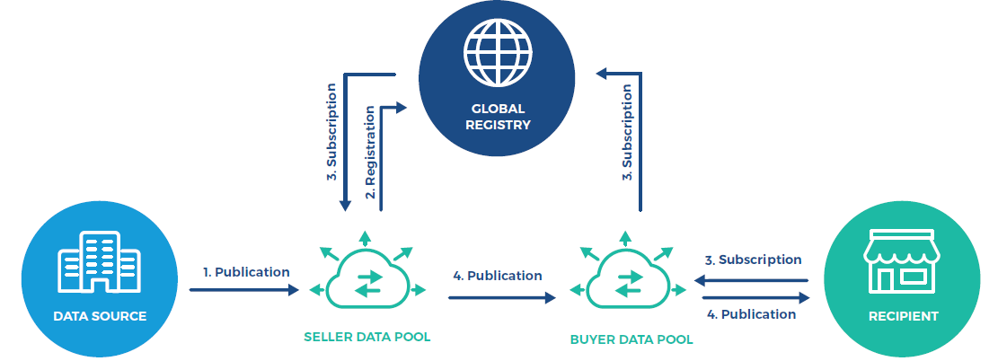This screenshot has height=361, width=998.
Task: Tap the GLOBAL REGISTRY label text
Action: (497, 117)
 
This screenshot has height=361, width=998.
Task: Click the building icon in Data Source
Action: (99, 261)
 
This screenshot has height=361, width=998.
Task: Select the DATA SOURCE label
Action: (100, 316)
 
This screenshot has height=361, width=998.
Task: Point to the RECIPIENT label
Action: (903, 316)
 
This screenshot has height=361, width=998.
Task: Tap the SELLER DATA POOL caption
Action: (367, 337)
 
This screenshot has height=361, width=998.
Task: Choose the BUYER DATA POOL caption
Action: (631, 339)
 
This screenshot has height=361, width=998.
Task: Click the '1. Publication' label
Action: (246, 272)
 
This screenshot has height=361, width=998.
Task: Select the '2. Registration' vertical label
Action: (370, 152)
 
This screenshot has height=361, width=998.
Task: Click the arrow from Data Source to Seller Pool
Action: (243, 290)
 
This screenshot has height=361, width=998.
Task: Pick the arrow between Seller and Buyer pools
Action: (502, 297)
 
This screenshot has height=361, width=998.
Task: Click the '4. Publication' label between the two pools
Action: (498, 276)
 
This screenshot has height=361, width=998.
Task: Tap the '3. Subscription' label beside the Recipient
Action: (753, 260)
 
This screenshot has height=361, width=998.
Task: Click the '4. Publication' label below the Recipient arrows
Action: (752, 314)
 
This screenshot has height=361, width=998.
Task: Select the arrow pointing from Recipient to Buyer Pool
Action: (751, 280)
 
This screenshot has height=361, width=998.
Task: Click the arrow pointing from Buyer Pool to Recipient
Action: (756, 297)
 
